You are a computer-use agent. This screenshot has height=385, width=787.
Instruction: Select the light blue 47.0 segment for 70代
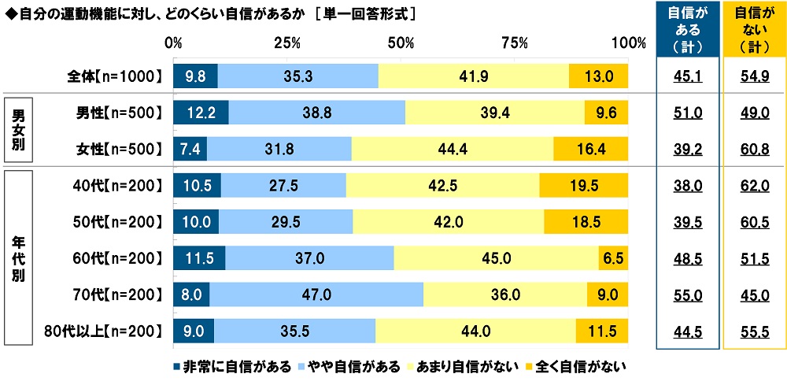(316, 294)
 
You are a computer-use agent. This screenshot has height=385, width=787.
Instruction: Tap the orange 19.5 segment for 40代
(583, 186)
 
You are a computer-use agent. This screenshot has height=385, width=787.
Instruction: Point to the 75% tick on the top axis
(515, 43)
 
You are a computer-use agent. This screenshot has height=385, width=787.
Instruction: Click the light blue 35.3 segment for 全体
(297, 76)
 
